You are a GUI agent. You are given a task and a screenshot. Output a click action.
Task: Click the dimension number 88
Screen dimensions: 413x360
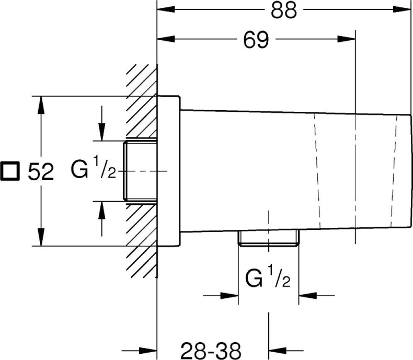tap(284, 10)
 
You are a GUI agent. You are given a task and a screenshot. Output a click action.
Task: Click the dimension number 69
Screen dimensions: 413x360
tap(256, 40)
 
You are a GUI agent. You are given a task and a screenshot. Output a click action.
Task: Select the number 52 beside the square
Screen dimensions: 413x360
tap(41, 171)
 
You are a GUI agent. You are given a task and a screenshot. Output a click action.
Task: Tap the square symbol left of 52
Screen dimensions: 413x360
tap(10, 171)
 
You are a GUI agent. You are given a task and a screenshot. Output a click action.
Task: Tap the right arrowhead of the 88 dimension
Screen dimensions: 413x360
tap(402, 9)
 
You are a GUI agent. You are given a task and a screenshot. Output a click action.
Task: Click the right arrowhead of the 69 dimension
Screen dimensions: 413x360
tap(347, 39)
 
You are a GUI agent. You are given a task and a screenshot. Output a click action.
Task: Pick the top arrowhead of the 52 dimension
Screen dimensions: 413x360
tap(41, 105)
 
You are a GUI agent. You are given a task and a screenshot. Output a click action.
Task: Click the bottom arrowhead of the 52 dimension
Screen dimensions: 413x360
tap(41, 237)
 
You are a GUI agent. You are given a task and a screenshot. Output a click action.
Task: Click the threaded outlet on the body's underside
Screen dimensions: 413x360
tap(268, 238)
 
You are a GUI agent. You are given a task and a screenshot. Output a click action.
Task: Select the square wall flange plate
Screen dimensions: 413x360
tap(168, 171)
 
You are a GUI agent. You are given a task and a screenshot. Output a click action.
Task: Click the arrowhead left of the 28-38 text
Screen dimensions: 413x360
tap(148, 351)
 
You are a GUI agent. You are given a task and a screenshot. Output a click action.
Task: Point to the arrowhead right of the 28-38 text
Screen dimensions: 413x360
tap(278, 351)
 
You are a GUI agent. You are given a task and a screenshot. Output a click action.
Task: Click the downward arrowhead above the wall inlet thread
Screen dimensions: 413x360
tap(102, 132)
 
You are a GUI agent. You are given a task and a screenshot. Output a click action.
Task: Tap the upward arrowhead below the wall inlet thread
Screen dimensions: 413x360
tap(102, 210)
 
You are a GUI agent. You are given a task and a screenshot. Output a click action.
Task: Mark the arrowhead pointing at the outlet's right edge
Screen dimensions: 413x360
tap(308, 296)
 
